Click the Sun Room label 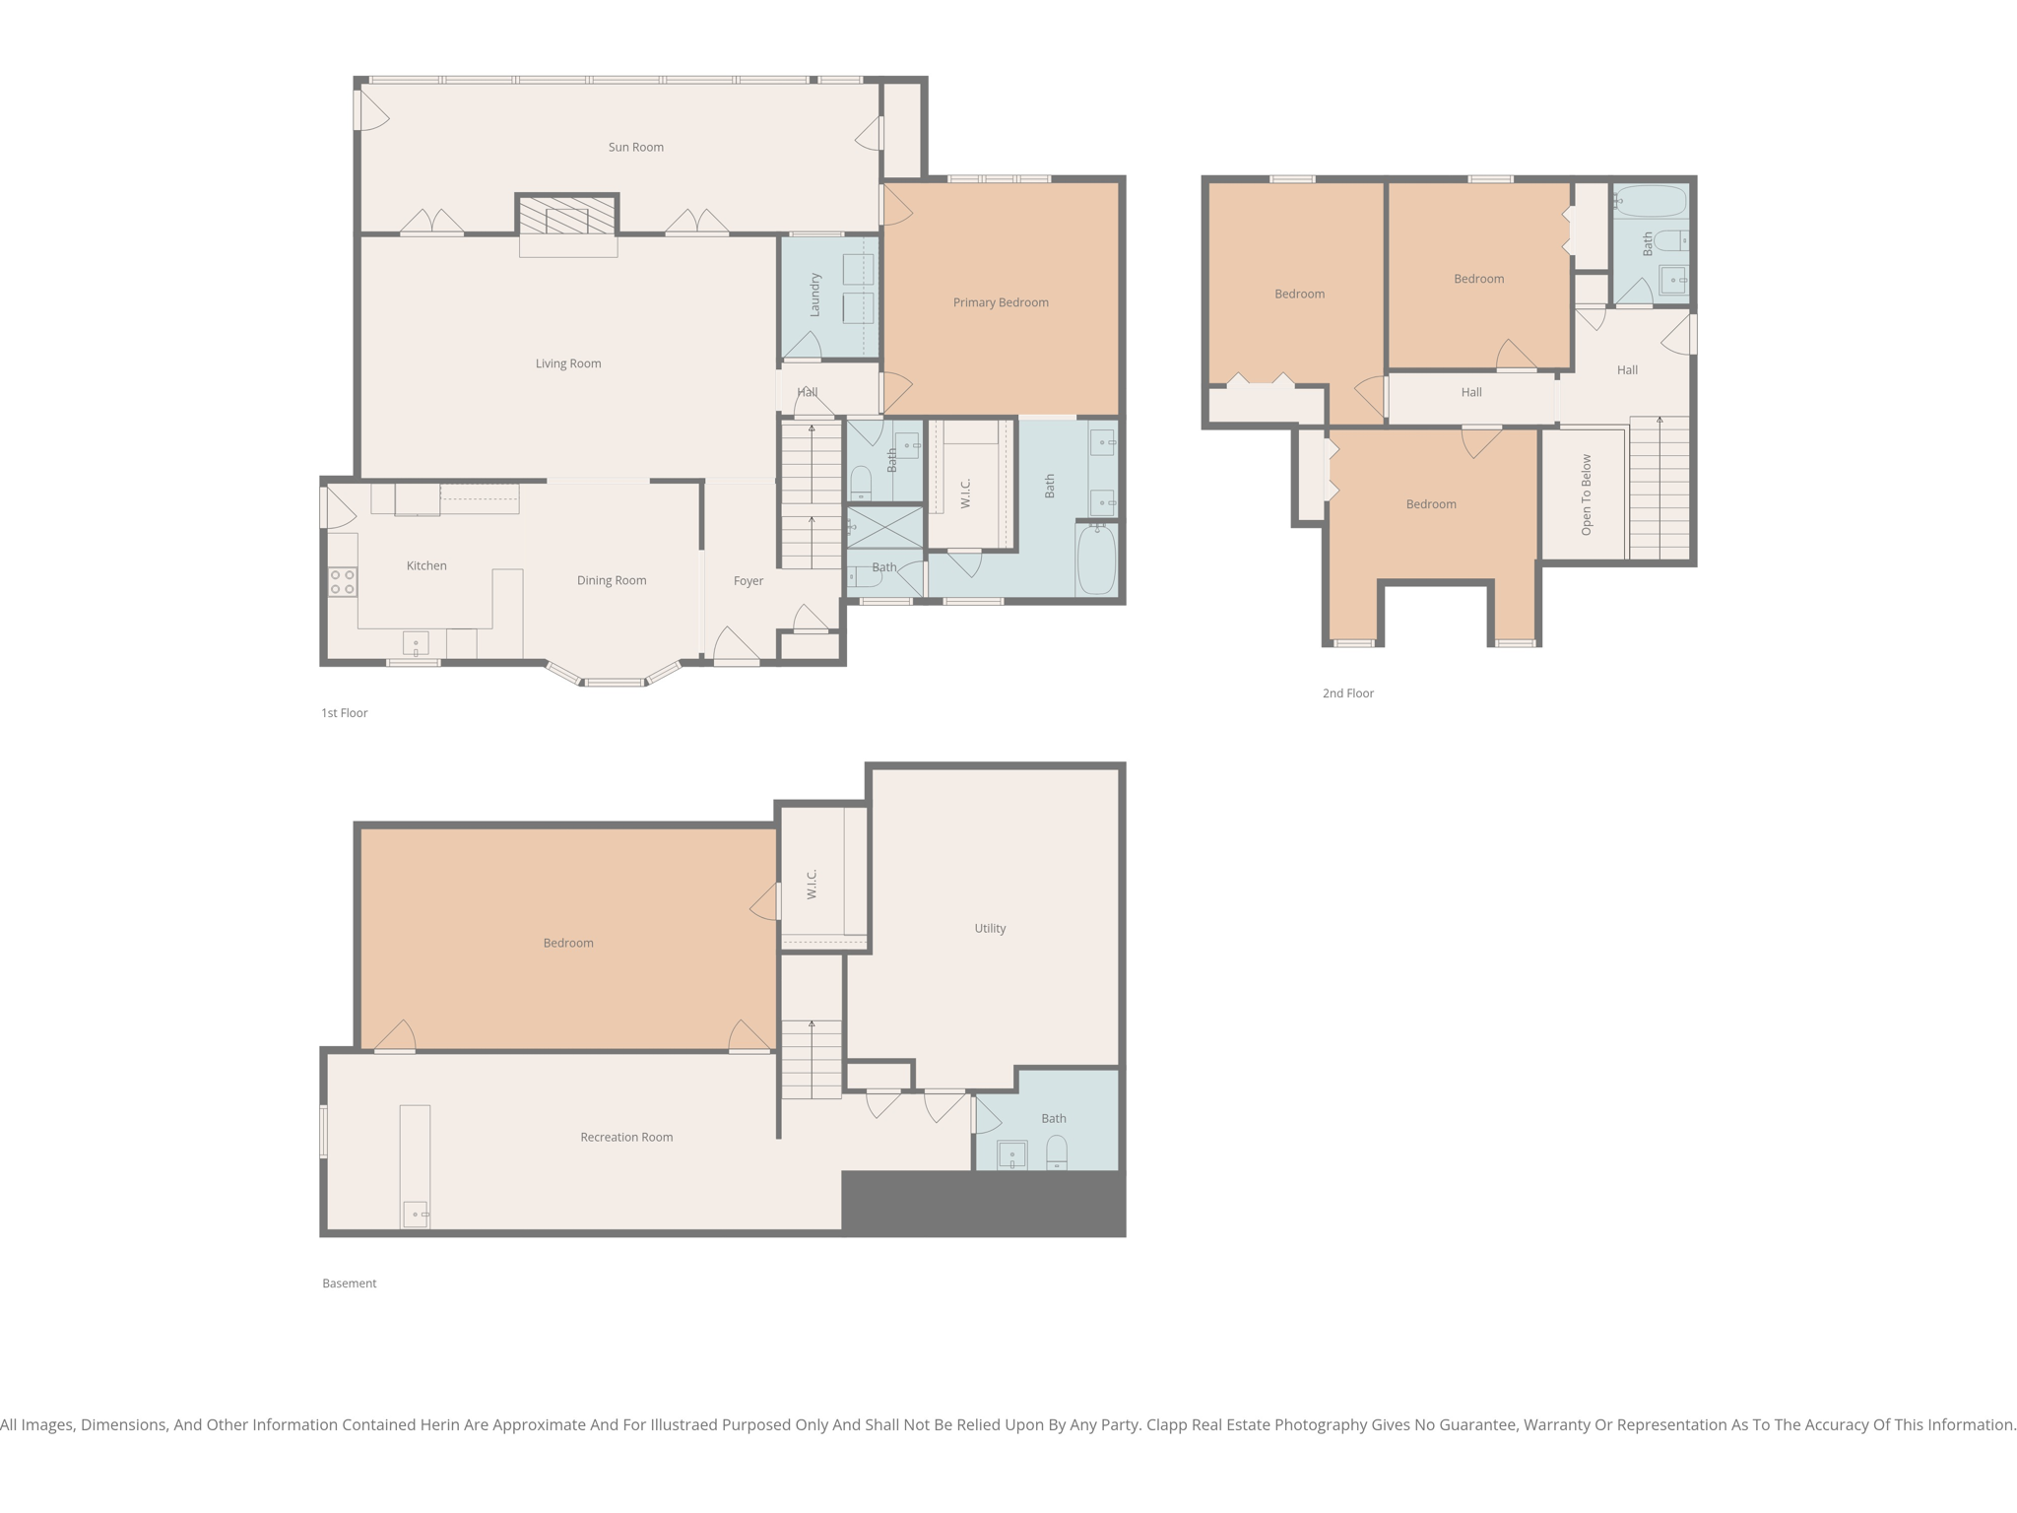[x=635, y=148]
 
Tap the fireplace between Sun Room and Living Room [x=567, y=216]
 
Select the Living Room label [x=568, y=363]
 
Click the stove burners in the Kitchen [x=342, y=582]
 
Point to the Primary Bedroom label [x=1000, y=302]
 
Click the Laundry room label [x=815, y=295]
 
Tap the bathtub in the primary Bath [x=1096, y=559]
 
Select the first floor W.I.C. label [x=966, y=493]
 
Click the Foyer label [x=748, y=581]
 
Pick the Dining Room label [x=611, y=580]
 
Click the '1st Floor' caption [x=344, y=713]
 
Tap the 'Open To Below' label [x=1586, y=494]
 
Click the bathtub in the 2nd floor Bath [x=1652, y=201]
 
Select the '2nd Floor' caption [x=1347, y=693]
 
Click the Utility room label [x=990, y=928]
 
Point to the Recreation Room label [x=626, y=1137]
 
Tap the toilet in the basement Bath [x=1056, y=1152]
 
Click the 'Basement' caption [x=349, y=1283]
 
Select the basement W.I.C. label [x=813, y=884]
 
